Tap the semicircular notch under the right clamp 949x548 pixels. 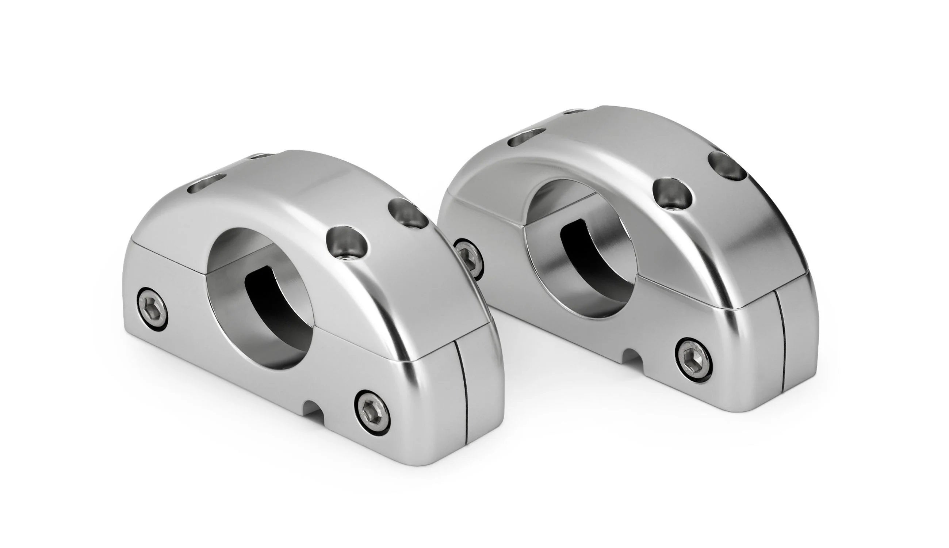[x=634, y=356]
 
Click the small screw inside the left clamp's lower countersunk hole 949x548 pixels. [x=347, y=258]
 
